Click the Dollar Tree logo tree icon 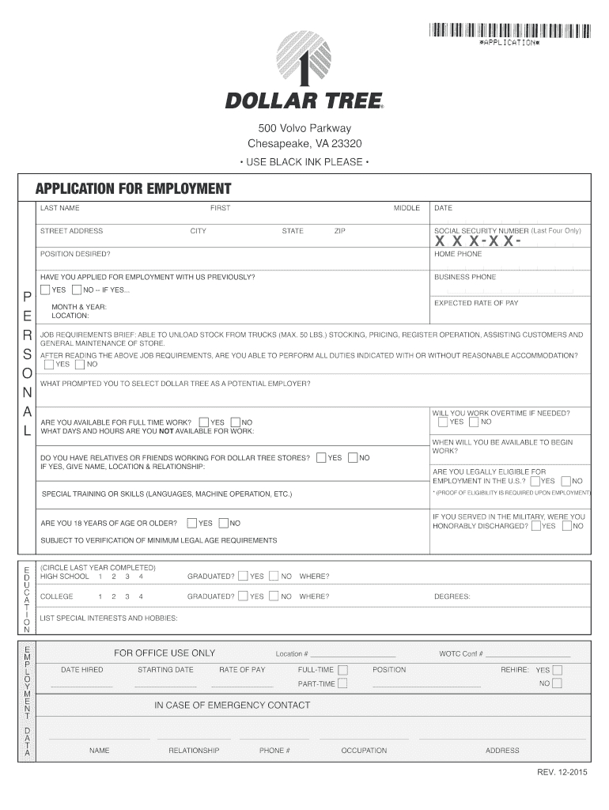304,59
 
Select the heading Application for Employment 133,188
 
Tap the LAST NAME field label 60,208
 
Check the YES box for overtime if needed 443,422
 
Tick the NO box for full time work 235,422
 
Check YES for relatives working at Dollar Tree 321,457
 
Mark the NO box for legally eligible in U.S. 565,481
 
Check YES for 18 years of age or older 192,523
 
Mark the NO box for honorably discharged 565,526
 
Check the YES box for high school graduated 243,576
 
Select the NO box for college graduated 274,596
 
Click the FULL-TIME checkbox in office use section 342,669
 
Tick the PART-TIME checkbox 342,683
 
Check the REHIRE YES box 557,669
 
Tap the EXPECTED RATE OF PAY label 476,303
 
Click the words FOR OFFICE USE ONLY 165,653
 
